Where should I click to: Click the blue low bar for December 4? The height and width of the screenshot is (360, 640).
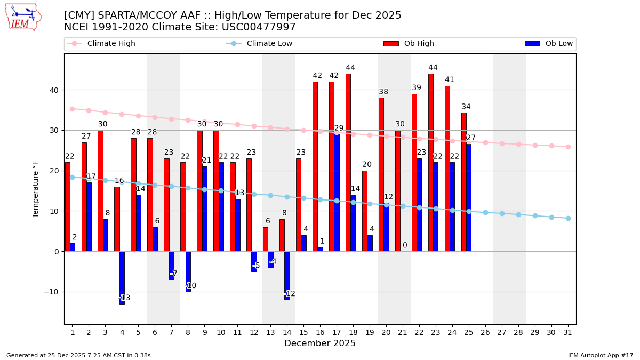122,277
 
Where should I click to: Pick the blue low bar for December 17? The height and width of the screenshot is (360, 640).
337,193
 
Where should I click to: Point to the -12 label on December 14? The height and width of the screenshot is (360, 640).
290,294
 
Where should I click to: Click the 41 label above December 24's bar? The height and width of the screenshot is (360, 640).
450,80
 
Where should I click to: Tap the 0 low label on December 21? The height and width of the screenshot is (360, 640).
405,246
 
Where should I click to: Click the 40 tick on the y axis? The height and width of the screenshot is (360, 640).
55,90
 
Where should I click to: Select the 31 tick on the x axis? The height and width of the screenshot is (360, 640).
568,332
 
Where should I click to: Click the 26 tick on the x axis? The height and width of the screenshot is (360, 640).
485,332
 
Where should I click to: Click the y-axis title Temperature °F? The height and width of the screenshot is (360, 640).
36,189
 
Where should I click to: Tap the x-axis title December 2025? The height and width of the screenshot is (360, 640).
320,343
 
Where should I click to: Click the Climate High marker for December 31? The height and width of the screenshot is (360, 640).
568,147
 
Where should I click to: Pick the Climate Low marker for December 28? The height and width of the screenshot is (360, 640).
518,214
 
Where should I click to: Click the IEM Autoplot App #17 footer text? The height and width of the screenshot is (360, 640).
601,355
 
